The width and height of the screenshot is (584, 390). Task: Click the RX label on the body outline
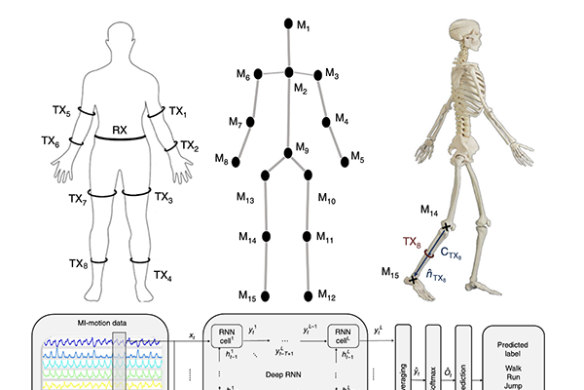(120, 129)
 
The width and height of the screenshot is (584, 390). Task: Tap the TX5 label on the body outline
(61, 111)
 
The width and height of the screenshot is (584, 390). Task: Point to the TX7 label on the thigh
(78, 199)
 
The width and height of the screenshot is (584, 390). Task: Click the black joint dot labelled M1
(286, 20)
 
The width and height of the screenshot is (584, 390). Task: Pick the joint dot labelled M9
(288, 151)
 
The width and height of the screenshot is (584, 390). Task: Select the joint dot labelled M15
(266, 295)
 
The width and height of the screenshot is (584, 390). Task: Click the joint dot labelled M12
(309, 295)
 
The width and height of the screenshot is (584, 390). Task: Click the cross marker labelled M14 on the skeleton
(447, 227)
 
